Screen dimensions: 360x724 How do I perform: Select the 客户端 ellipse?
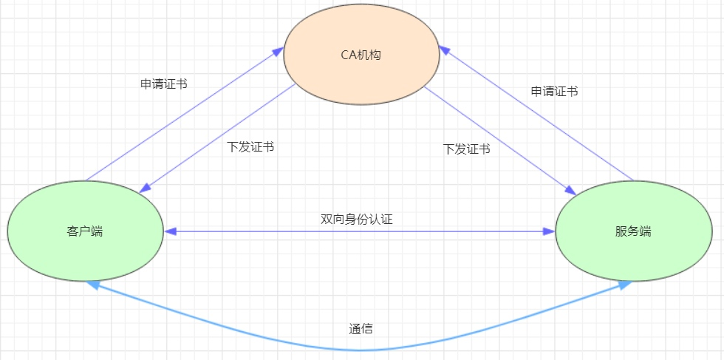(85, 231)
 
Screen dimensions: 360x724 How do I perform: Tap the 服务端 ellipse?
(633, 231)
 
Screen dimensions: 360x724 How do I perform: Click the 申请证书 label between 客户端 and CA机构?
(163, 84)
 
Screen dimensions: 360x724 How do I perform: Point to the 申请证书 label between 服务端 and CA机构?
(554, 92)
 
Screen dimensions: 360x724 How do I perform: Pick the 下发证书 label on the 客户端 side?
(250, 146)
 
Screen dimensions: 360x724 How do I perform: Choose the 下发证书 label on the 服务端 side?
(466, 149)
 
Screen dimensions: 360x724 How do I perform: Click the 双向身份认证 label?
(361, 219)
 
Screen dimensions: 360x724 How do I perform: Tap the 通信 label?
(361, 329)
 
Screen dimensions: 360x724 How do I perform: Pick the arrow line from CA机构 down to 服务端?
(502, 140)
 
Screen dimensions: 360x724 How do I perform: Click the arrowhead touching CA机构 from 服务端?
(444, 50)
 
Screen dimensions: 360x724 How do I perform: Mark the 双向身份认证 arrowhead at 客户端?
(170, 231)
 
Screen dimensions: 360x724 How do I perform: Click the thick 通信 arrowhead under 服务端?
(625, 285)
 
